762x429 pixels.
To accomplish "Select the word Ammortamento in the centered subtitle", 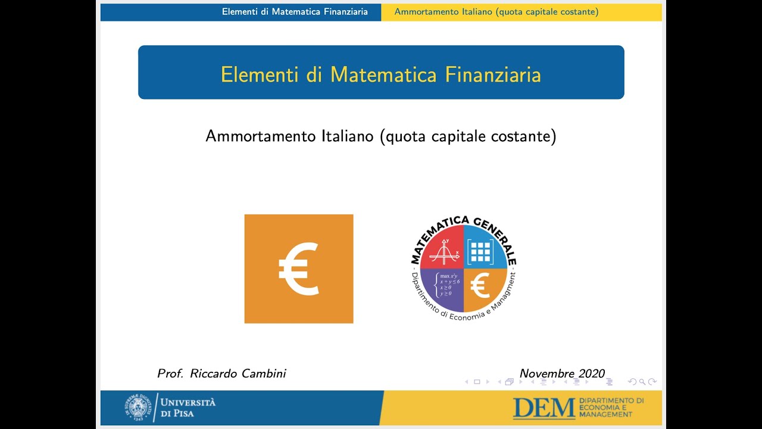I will coord(261,136).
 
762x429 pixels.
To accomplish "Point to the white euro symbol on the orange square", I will coord(299,269).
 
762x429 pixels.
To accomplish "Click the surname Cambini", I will coord(264,374).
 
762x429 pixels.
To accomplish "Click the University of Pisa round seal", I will coord(137,408).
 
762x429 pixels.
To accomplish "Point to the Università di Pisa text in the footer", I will coord(188,408).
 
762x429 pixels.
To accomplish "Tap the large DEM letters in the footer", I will coord(544,408).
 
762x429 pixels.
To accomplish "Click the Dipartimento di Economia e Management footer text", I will coord(611,408).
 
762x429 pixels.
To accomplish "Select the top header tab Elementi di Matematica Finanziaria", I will coord(295,12).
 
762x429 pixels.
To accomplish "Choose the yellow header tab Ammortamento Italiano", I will coord(496,12).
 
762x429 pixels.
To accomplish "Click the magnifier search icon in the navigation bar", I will coord(642,382).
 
